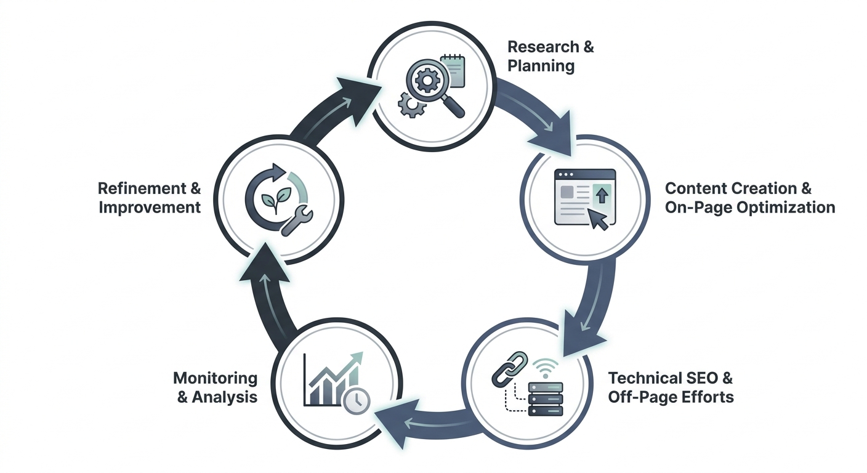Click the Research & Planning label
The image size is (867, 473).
[x=550, y=56]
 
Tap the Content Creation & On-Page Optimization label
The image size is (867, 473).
[x=750, y=198]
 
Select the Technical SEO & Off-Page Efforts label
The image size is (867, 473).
[x=671, y=387]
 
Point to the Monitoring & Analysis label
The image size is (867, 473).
[x=215, y=387]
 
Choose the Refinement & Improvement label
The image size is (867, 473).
[x=150, y=198]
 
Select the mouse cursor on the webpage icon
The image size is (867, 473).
[x=599, y=219]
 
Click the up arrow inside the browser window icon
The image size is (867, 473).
[x=602, y=195]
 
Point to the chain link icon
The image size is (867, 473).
[x=509, y=369]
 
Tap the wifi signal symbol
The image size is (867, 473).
[x=546, y=368]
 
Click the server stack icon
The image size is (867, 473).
[x=546, y=398]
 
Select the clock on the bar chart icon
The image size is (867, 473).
[x=357, y=400]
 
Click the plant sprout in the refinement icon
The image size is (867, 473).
[x=276, y=199]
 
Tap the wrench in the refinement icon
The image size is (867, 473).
[x=297, y=220]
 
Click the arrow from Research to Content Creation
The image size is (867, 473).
[x=538, y=112]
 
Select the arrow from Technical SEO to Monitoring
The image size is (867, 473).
[x=425, y=423]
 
